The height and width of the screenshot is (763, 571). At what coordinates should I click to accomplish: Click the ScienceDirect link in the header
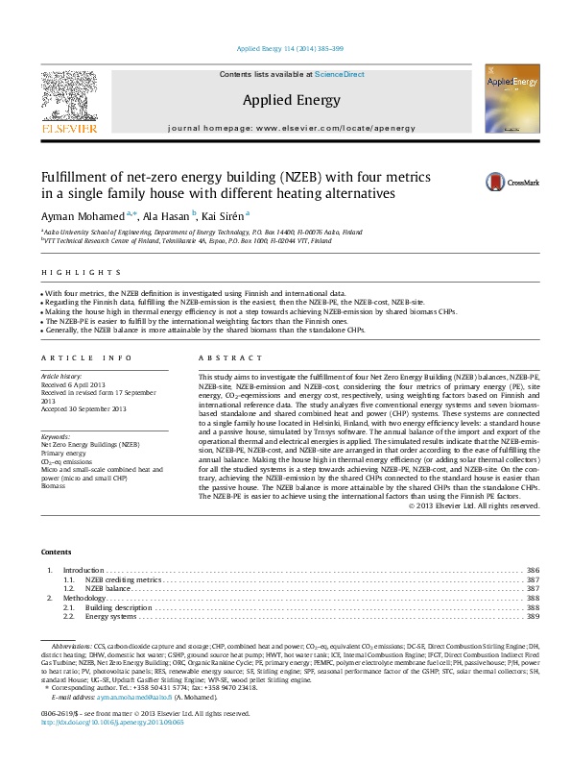pyautogui.click(x=340, y=74)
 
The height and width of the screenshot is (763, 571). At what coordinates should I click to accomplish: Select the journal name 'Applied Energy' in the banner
pyautogui.click(x=291, y=99)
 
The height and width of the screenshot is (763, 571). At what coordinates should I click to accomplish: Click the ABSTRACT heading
pyautogui.click(x=217, y=357)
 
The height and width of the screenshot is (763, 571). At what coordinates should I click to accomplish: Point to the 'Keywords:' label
pyautogui.click(x=55, y=437)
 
